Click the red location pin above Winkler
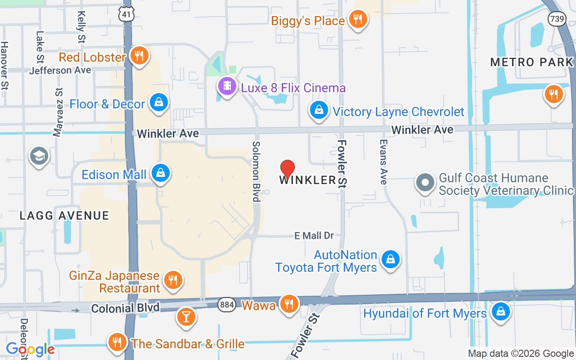288,169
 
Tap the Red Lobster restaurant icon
139,56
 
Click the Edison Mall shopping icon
160,173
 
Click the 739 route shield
556,18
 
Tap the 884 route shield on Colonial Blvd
227,305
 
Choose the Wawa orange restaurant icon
288,304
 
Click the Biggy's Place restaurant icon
358,19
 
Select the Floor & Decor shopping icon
159,103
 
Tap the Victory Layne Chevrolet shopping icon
319,110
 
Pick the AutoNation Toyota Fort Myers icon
391,260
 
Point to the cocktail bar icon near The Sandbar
185,316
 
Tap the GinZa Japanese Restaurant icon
172,280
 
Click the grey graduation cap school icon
39,156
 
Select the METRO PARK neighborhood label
532,62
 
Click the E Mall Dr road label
314,235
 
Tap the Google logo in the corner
31,349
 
